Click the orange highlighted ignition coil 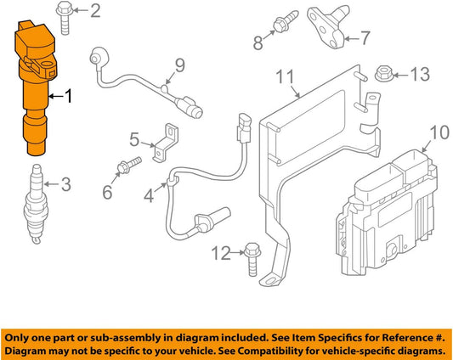point(35,87)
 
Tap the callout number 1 point(68,96)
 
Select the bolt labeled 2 point(65,17)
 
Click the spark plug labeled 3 point(36,204)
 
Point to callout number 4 point(149,197)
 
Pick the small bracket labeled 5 point(166,143)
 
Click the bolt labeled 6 point(128,166)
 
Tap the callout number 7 point(365,38)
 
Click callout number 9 point(180,66)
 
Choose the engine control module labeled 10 point(387,214)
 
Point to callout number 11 point(286,77)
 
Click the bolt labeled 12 point(252,259)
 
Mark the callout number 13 point(420,74)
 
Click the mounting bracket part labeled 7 point(328,27)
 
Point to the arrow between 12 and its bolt point(238,253)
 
